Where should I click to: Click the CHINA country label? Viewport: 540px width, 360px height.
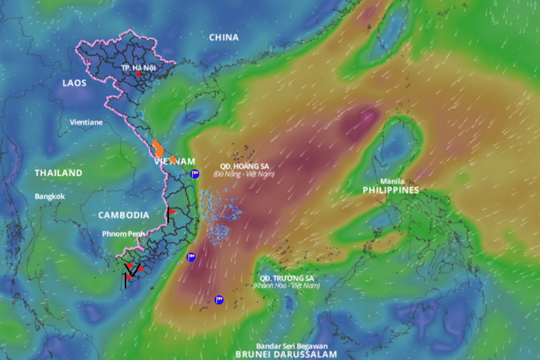point(224,38)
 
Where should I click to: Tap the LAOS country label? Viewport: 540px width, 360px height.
point(74,83)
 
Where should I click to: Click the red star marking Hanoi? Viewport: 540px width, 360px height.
point(139,74)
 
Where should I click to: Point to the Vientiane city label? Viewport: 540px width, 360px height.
point(86,122)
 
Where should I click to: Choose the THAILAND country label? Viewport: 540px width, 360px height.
point(58,173)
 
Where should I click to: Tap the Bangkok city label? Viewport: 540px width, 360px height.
point(50,197)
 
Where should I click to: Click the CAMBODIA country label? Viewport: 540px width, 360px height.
point(124,215)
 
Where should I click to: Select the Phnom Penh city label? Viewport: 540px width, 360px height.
point(123,234)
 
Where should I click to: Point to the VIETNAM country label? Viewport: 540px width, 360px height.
point(175,162)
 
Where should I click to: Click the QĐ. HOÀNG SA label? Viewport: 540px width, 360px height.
point(244,167)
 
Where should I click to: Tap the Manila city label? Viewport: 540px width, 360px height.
point(392,181)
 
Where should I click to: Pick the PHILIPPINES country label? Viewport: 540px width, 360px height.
point(391,190)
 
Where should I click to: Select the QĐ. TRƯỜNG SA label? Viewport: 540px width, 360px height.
point(287,279)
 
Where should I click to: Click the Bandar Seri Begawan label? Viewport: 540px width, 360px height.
point(292,346)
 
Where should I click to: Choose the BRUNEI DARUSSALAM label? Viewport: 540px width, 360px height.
point(286,355)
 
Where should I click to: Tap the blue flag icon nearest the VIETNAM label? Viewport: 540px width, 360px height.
point(194,174)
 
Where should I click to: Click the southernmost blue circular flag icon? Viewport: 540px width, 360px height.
point(219,300)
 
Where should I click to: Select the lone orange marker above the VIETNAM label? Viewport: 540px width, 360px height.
point(173,159)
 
